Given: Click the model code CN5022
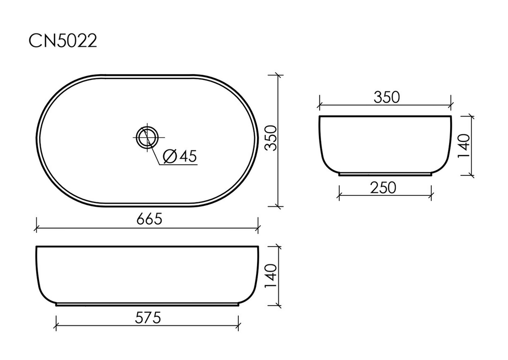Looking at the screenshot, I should click(62, 41).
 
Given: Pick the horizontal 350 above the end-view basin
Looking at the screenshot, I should click(387, 97).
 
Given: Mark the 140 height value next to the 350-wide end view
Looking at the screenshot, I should click(465, 146).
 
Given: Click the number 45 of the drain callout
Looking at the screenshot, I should click(187, 157).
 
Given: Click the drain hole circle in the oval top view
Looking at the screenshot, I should click(147, 137).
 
